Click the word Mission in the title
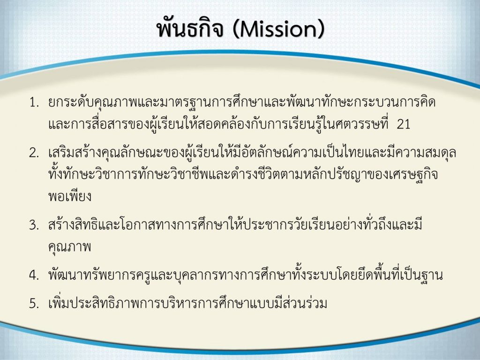(277, 30)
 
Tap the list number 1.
(34, 103)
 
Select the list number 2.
(34, 152)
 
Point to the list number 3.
(34, 225)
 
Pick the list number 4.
(34, 275)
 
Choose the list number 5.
(34, 303)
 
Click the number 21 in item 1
(403, 124)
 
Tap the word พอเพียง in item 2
(70, 196)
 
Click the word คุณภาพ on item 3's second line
(70, 247)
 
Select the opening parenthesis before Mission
(235, 30)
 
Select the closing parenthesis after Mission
(320, 30)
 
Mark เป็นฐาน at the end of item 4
(421, 275)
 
